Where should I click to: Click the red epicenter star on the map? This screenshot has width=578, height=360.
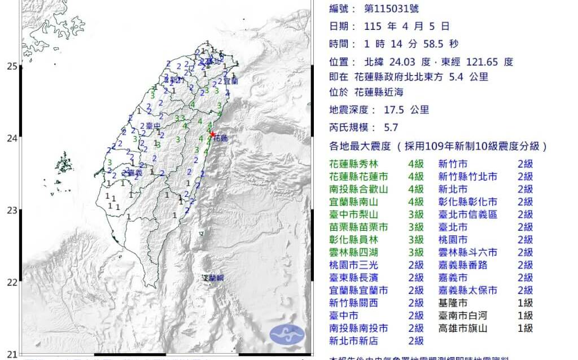click(212, 134)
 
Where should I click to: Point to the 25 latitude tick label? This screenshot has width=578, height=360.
click(12, 66)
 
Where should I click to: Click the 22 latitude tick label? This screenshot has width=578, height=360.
click(12, 282)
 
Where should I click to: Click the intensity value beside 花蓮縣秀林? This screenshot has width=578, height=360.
click(415, 164)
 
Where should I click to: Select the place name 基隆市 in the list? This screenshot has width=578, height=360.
click(453, 303)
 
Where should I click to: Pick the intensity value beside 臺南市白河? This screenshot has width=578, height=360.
click(525, 315)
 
